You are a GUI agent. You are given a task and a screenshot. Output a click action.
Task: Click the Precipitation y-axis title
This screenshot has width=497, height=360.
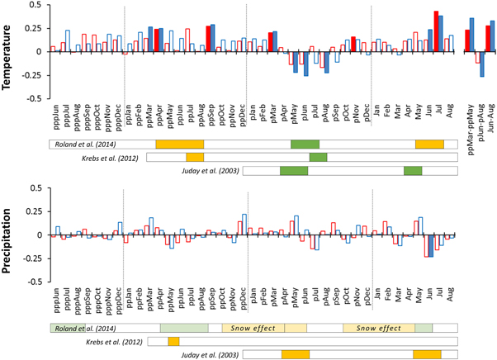pos(7,234)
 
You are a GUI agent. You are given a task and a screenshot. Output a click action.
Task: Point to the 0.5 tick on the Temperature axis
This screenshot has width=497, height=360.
pos(32,5)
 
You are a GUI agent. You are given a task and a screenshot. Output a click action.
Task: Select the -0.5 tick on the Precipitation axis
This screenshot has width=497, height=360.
pos(31,282)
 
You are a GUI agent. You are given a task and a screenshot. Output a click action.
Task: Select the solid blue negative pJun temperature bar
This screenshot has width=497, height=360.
pos(305,64)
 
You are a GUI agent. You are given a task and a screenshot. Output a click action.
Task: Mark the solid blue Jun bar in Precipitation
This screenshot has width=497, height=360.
pos(431,246)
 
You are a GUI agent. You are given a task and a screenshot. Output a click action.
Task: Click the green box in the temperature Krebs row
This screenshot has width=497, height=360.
pos(318,157)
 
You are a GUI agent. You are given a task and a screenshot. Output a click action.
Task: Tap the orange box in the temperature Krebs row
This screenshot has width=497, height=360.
pos(195,157)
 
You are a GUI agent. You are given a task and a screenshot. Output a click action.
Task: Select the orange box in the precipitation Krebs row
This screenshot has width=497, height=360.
pos(173,341)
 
